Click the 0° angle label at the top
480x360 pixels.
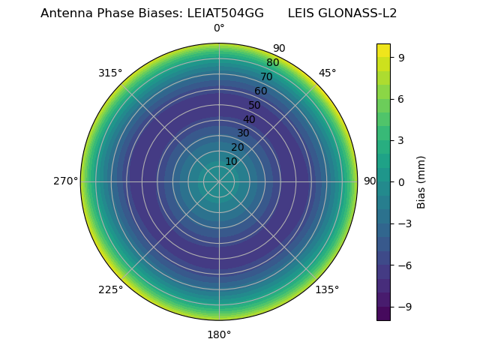(x=219, y=28)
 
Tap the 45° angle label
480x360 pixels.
(x=327, y=73)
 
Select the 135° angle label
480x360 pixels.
(x=327, y=290)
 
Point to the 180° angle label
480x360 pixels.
(x=219, y=334)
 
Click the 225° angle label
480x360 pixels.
(x=110, y=290)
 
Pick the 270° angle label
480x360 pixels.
(x=65, y=181)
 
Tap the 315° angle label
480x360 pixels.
(x=110, y=73)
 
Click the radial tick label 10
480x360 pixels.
(x=231, y=161)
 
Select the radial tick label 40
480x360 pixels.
(x=249, y=119)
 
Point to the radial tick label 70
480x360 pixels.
(x=266, y=76)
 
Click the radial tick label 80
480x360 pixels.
(x=272, y=62)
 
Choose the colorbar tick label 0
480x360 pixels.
(x=401, y=181)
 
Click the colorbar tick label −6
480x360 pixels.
(x=404, y=265)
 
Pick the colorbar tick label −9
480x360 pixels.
(x=404, y=307)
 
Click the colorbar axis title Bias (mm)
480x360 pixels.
(x=421, y=181)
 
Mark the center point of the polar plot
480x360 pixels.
(x=219, y=181)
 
